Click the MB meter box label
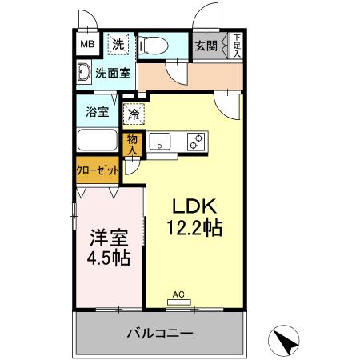[x=87, y=44]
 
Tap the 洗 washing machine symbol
[x=118, y=44]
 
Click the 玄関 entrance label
[x=206, y=46]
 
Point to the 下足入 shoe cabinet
[x=236, y=45]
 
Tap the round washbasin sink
[x=84, y=74]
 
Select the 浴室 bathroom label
[x=98, y=112]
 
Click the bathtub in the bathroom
[x=98, y=141]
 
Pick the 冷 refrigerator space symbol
[x=134, y=114]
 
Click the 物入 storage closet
[x=134, y=143]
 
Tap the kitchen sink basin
[x=160, y=142]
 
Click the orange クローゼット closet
[x=98, y=170]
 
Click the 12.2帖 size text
[x=195, y=226]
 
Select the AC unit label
[x=179, y=295]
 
